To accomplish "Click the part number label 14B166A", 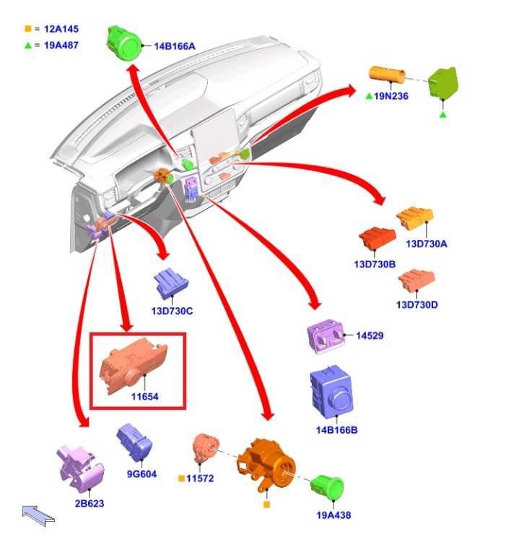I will (174, 46).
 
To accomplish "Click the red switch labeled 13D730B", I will (378, 239).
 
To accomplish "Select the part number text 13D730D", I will (416, 304).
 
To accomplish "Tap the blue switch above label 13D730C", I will (170, 283).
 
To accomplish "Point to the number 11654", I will (144, 397).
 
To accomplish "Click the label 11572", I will (199, 478).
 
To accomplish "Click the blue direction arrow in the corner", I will (38, 515).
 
